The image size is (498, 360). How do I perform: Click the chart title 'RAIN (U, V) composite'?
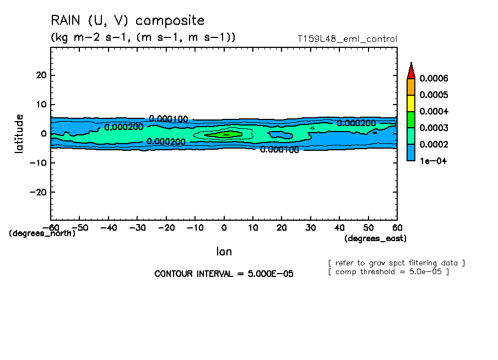(127, 21)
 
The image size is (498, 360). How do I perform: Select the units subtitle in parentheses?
(143, 37)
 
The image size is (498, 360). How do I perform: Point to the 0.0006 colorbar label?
(434, 78)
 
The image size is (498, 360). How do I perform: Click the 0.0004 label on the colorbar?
(434, 111)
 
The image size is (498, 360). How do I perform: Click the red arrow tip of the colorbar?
(411, 70)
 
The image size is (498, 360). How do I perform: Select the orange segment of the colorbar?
(411, 86)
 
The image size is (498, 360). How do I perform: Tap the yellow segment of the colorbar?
(411, 103)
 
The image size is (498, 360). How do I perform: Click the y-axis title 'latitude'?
(20, 133)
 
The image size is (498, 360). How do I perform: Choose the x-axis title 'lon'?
(224, 252)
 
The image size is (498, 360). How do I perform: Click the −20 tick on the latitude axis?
(39, 192)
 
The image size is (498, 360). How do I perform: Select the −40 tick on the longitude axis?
(109, 227)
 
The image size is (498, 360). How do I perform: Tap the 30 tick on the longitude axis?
(311, 227)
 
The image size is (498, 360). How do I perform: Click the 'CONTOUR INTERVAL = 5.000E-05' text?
(224, 274)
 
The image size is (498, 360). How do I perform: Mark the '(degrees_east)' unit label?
(376, 238)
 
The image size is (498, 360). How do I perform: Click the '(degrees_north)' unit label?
(42, 233)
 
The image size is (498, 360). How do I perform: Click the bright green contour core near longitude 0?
(226, 134)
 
